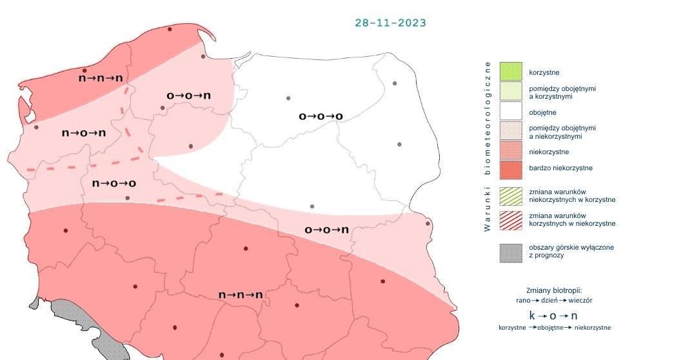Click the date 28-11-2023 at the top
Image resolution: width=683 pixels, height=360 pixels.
390,23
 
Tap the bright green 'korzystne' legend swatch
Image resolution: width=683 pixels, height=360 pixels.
510,71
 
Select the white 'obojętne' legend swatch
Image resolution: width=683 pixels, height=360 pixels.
510,111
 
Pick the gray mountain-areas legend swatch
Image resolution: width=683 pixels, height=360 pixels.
510,252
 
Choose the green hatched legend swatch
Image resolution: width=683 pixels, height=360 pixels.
510,195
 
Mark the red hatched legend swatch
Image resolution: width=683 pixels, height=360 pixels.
510,219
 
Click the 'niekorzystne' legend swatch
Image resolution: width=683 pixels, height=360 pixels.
510,152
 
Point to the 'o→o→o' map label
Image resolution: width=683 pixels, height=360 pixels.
320,117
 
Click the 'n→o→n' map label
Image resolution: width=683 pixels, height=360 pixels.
83,133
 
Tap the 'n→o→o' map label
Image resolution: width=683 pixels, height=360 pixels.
114,183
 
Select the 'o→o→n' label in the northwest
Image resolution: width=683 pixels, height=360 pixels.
188,95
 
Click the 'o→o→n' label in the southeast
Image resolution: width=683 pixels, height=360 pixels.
326,230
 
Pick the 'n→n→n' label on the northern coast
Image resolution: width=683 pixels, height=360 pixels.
101,77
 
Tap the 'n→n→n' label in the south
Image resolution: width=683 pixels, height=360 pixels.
241,295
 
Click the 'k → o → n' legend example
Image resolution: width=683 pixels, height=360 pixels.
553,315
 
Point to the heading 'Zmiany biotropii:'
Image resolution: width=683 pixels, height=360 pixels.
555,290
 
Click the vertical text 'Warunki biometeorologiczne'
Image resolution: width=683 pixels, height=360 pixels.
488,146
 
